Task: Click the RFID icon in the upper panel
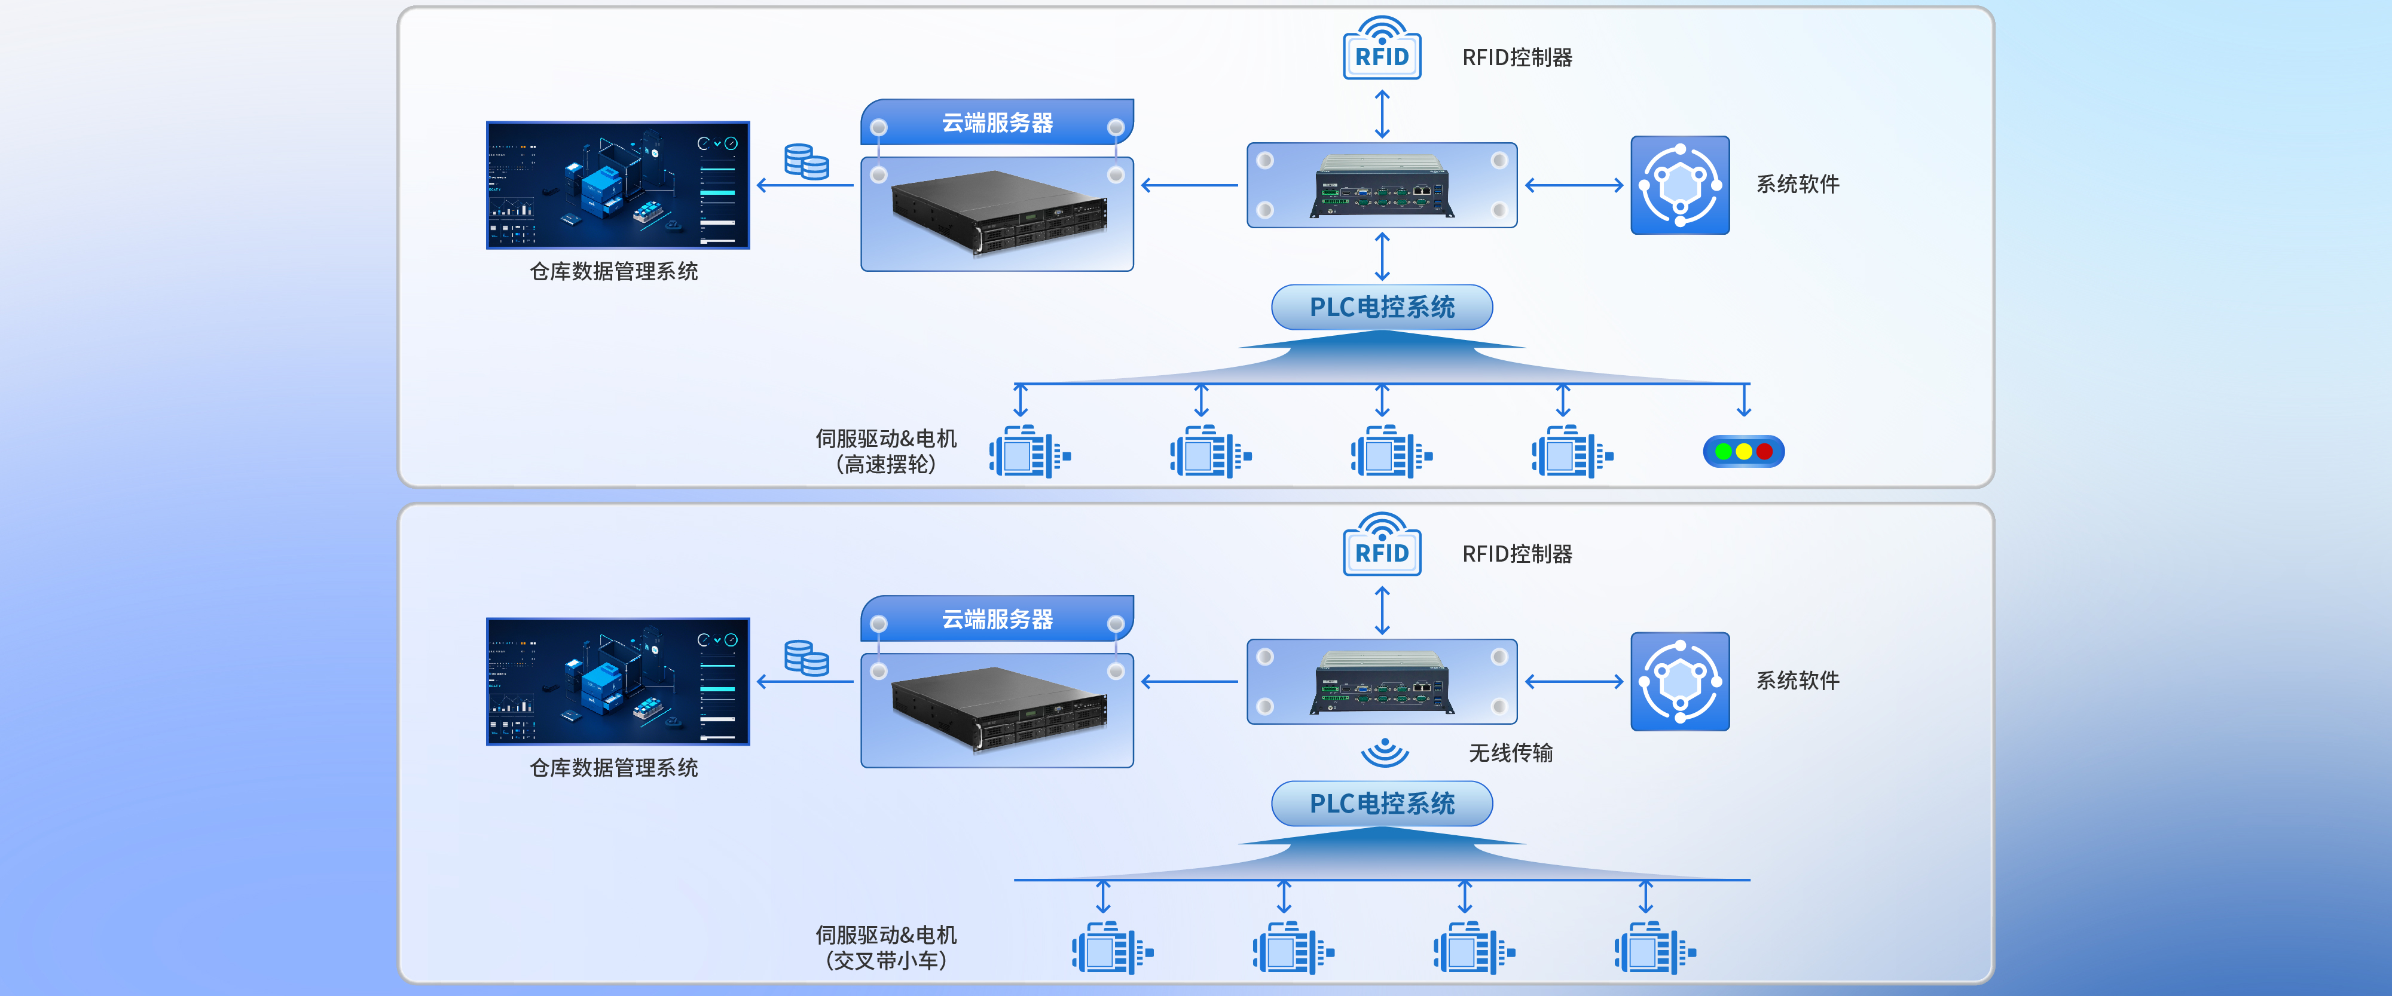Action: pyautogui.click(x=1382, y=49)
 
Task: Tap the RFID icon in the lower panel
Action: pyautogui.click(x=1382, y=546)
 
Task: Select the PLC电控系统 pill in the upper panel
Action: pyautogui.click(x=1382, y=307)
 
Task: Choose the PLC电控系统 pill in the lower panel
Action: pyautogui.click(x=1382, y=804)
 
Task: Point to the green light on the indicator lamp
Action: pyautogui.click(x=1724, y=452)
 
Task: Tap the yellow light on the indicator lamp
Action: pyautogui.click(x=1744, y=452)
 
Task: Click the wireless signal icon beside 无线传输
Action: pyautogui.click(x=1385, y=752)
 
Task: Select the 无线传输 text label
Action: pyautogui.click(x=1511, y=753)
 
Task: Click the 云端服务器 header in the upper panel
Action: pyautogui.click(x=997, y=122)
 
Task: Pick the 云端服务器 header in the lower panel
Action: pyautogui.click(x=997, y=619)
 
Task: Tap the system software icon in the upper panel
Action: pyautogui.click(x=1680, y=185)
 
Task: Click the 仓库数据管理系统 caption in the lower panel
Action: pyautogui.click(x=614, y=768)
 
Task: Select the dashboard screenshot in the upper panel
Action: pyautogui.click(x=618, y=185)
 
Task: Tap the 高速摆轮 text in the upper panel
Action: pyautogui.click(x=886, y=464)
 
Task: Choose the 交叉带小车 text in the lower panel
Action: pyautogui.click(x=886, y=961)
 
